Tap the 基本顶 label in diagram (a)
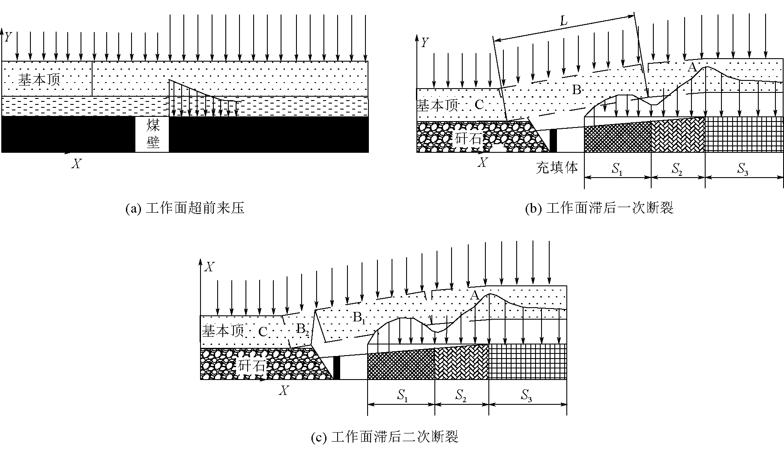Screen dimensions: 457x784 coord(39,80)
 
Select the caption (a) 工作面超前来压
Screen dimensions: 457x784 coord(185,208)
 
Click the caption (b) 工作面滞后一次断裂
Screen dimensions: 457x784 coord(599,208)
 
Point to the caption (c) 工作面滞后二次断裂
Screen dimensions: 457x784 coord(384,437)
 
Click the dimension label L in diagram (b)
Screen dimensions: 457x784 coord(564,21)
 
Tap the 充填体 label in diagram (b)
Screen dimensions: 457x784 coord(557,168)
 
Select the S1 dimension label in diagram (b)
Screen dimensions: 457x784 coord(617,170)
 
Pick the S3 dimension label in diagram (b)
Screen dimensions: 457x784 coord(743,170)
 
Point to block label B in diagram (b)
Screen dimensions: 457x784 coord(577,90)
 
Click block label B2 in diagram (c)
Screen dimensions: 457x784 coord(302,329)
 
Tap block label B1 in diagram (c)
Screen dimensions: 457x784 coord(359,318)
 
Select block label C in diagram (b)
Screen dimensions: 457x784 coord(479,104)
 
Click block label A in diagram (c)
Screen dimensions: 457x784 coord(474,295)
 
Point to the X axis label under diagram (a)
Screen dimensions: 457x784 coord(76,164)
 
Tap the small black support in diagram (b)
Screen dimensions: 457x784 coord(553,140)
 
